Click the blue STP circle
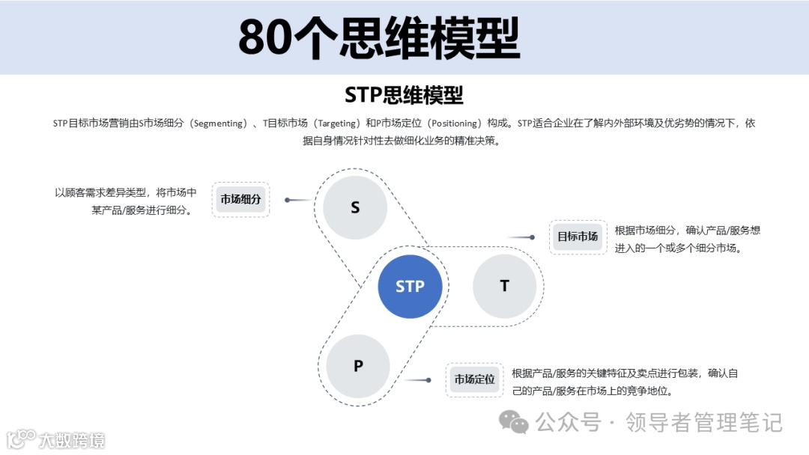pos(410,286)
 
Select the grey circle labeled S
pos(355,208)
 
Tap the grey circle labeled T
pos(504,286)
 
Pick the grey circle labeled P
pos(358,366)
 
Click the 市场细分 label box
pos(240,200)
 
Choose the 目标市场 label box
pos(577,236)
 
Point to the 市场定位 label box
pos(474,379)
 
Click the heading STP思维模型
pos(404,95)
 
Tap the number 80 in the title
pos(264,38)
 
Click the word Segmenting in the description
pos(219,123)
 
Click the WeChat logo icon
pos(514,423)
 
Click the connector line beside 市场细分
pos(298,200)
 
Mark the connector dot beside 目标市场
pos(532,237)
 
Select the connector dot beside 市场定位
pos(428,380)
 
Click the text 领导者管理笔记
pos(704,423)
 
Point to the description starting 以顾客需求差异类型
pos(126,201)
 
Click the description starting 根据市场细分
pos(687,239)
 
